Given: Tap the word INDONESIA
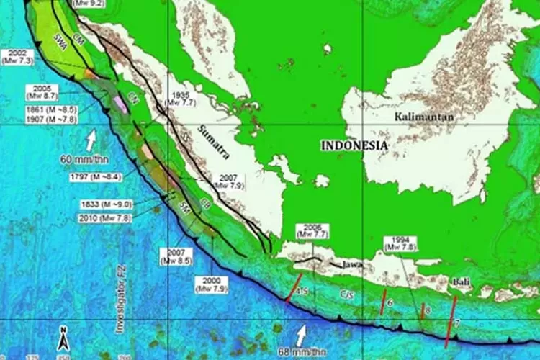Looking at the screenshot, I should (x=354, y=145).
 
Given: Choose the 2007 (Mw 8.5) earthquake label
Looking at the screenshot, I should (x=176, y=256).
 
